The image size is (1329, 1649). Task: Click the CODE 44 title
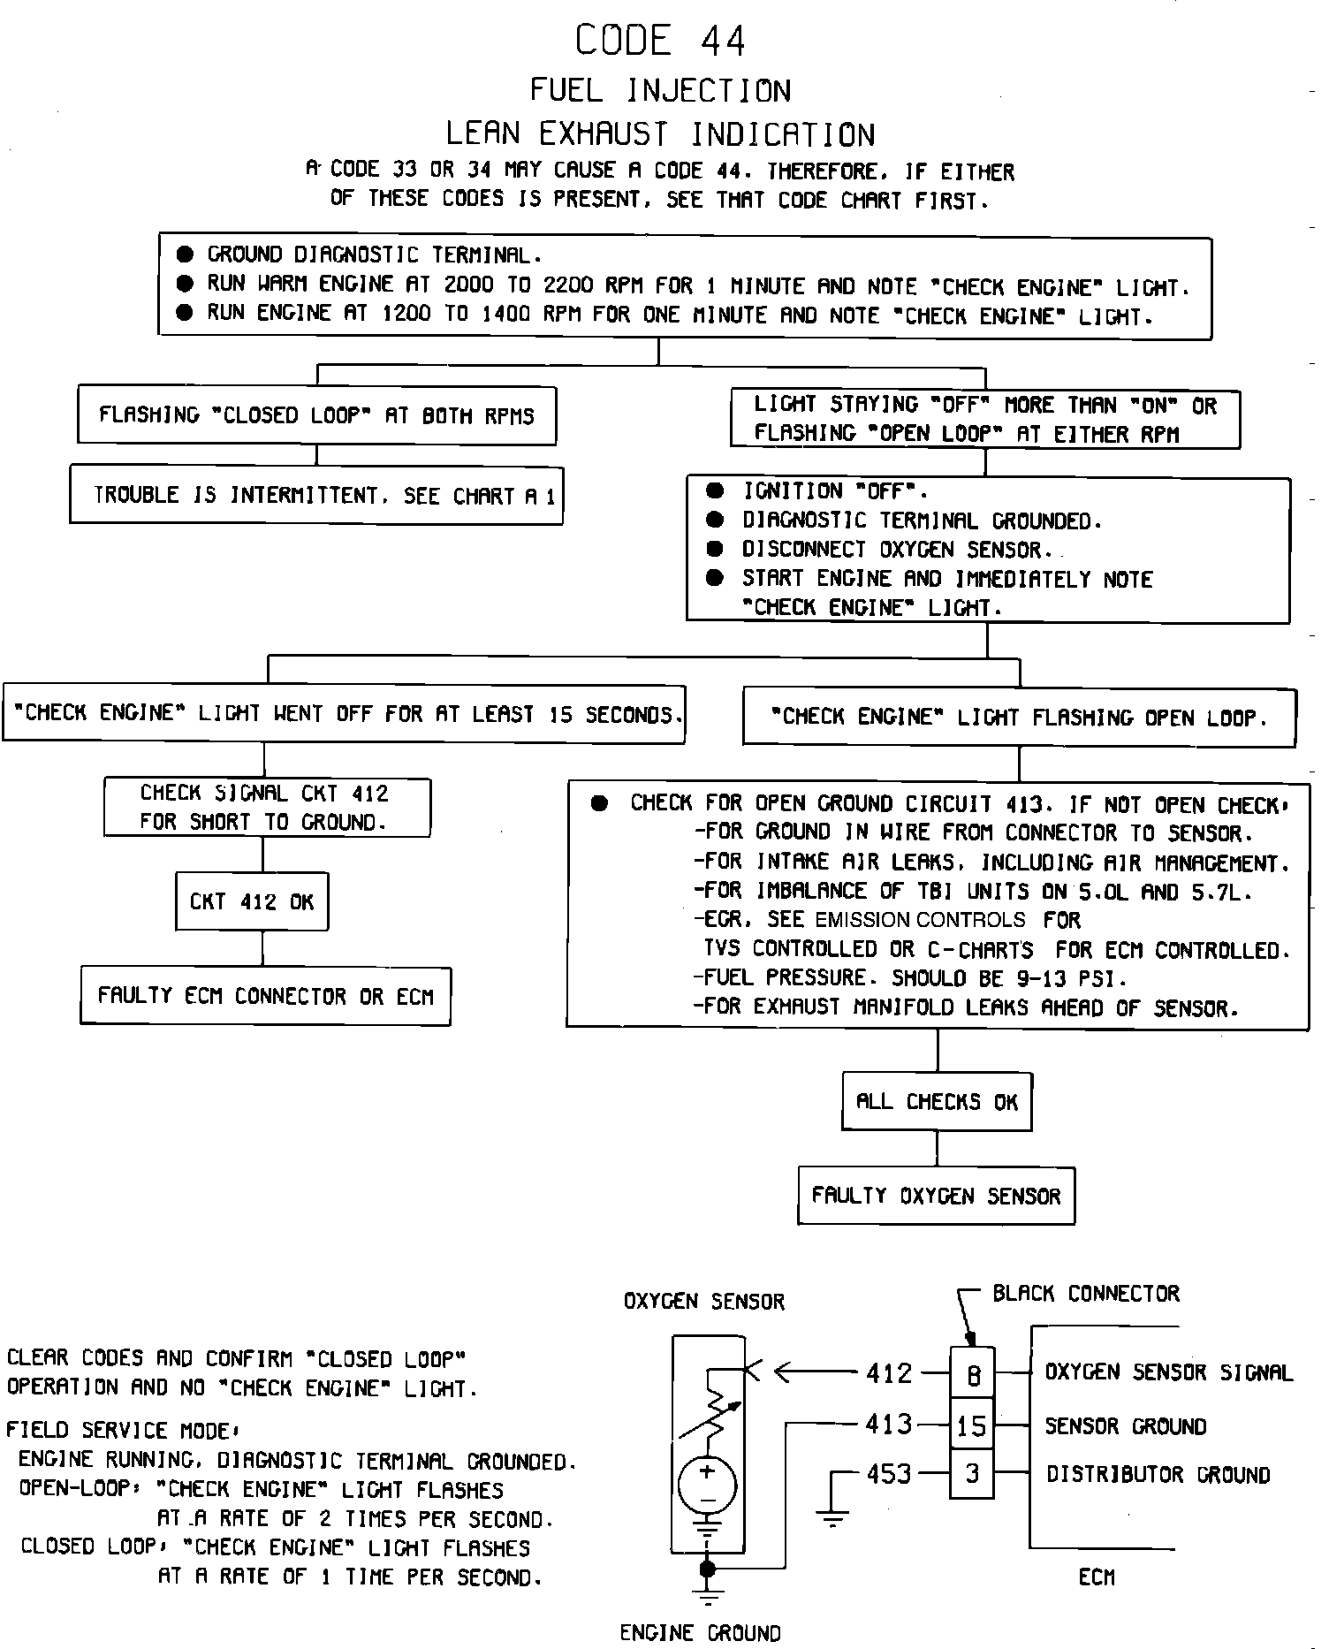[x=660, y=41]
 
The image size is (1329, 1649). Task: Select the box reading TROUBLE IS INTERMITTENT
[x=316, y=495]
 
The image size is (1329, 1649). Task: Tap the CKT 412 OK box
[x=252, y=902]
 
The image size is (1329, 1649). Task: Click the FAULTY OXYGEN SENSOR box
[x=936, y=1196]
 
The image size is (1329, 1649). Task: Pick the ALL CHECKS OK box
[x=937, y=1101]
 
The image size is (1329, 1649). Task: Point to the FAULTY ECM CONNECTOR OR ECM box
[x=265, y=997]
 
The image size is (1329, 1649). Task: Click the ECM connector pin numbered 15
[x=972, y=1425]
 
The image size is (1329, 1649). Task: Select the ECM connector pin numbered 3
[x=972, y=1474]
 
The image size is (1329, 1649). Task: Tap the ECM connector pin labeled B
[x=972, y=1376]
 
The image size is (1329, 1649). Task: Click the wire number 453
[x=888, y=1474]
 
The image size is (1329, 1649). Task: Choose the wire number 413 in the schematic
[x=888, y=1425]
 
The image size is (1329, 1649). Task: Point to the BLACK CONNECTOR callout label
[x=1085, y=1294]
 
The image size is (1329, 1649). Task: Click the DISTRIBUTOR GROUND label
[x=1158, y=1474]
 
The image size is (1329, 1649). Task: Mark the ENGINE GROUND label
[x=700, y=1633]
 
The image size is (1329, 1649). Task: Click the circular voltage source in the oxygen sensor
[x=707, y=1485]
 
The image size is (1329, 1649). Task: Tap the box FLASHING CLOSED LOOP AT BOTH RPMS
[x=316, y=415]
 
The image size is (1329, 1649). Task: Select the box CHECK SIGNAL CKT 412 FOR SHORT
[x=267, y=808]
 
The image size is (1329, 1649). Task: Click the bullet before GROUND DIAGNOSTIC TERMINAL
[x=185, y=255]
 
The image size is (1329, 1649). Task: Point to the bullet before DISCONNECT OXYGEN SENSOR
[x=716, y=550]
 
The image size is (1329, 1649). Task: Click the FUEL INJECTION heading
[x=660, y=90]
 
